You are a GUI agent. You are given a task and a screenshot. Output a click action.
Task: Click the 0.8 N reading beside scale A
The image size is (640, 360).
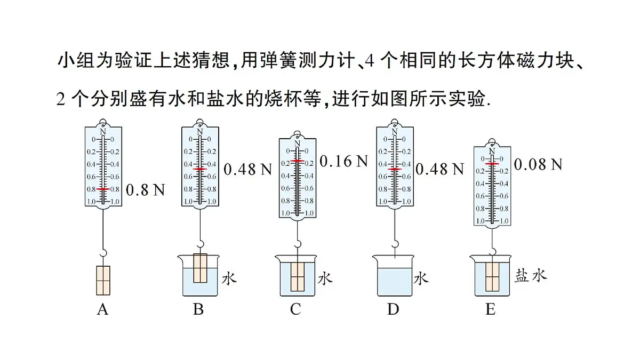pyautogui.click(x=145, y=190)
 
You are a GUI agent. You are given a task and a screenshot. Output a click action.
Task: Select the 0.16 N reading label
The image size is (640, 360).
pyautogui.click(x=344, y=161)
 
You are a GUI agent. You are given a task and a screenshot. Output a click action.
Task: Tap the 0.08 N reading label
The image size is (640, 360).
pyautogui.click(x=538, y=164)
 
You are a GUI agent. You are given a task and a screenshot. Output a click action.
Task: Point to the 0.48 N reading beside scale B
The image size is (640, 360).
pyautogui.click(x=247, y=170)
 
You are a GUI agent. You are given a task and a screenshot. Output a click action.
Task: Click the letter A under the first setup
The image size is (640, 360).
pyautogui.click(x=102, y=309)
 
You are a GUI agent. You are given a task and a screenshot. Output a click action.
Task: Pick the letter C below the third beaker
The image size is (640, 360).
pyautogui.click(x=295, y=309)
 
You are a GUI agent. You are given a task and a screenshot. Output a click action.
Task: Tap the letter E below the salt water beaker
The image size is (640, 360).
pyautogui.click(x=490, y=309)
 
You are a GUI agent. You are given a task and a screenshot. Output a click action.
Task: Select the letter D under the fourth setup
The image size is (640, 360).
pyautogui.click(x=393, y=309)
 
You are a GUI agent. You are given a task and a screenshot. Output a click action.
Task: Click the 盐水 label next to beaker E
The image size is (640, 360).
pyautogui.click(x=531, y=276)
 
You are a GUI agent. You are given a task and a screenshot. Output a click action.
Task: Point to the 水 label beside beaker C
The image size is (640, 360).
pyautogui.click(x=325, y=278)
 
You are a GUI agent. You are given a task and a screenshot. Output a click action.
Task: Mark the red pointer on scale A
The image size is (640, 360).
pyautogui.click(x=103, y=189)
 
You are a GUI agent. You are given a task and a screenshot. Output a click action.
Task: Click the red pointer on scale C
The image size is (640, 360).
pyautogui.click(x=298, y=161)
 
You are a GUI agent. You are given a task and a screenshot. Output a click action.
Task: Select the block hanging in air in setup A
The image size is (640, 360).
pyautogui.click(x=103, y=279)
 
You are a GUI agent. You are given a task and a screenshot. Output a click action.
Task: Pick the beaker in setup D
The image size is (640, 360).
pyautogui.click(x=393, y=276)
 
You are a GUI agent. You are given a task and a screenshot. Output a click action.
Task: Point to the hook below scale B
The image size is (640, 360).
pyautogui.click(x=200, y=244)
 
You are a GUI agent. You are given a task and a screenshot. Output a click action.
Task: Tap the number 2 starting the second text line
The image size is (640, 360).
pyautogui.click(x=60, y=99)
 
